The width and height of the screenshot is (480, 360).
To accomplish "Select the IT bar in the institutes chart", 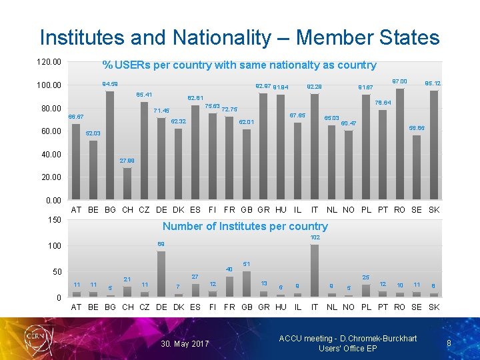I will [315, 271].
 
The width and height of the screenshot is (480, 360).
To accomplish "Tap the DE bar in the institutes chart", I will [161, 274].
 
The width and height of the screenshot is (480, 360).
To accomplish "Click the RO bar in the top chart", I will [400, 144].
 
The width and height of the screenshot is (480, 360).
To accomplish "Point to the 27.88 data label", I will [127, 161].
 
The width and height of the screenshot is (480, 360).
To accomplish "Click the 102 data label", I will [315, 237].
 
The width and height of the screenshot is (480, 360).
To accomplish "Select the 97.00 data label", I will [400, 81].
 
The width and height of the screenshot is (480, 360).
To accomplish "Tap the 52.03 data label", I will [94, 133].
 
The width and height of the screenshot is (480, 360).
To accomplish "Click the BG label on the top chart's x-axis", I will [110, 210].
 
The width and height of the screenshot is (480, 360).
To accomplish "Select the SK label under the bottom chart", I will [434, 307].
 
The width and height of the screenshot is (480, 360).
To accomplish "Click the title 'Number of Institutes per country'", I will [245, 226].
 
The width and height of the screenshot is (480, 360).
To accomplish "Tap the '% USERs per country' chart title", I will [239, 65].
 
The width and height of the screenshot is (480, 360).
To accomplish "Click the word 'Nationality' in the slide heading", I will [230, 37].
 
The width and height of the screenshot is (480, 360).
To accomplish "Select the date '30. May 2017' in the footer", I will [185, 344].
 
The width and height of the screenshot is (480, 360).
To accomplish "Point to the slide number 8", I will [449, 343].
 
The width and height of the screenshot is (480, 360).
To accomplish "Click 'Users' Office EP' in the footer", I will [347, 349].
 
